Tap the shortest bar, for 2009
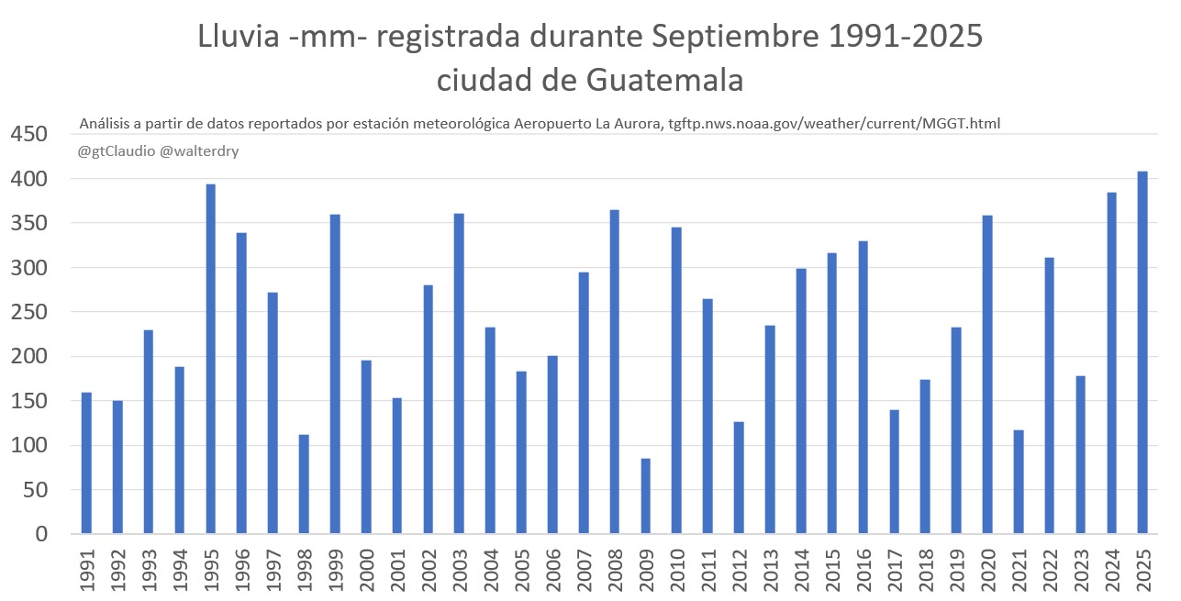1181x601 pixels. tap(646, 495)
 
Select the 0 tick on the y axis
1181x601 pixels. tap(40, 534)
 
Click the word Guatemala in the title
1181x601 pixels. tap(663, 80)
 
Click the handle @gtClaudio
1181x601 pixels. tap(117, 150)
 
